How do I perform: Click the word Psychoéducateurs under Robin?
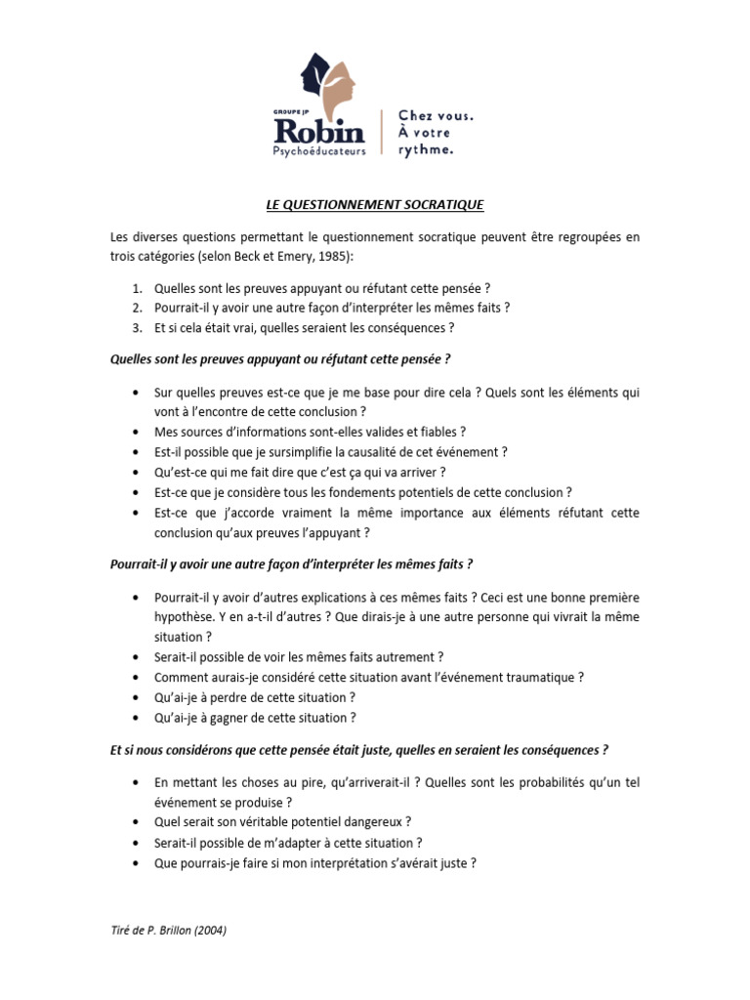pyautogui.click(x=320, y=151)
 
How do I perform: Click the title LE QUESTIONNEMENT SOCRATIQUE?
pyautogui.click(x=374, y=205)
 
